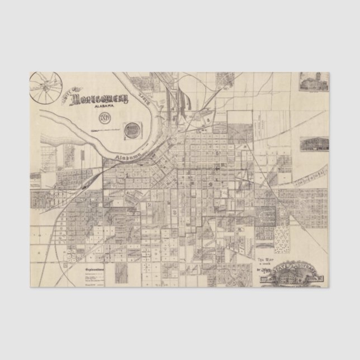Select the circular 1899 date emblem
pyautogui.click(x=105, y=118)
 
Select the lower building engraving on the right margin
pyautogui.click(x=310, y=144)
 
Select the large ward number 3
pyautogui.click(x=174, y=213)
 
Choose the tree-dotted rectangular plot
pyautogui.click(x=281, y=241)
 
